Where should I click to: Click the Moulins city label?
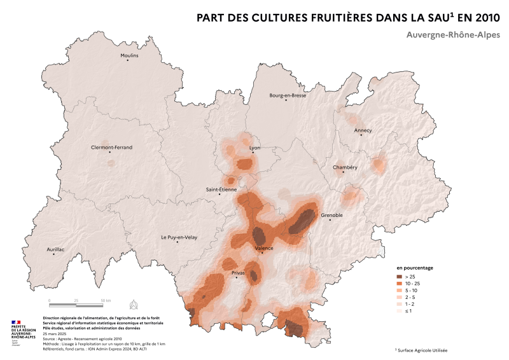tap(129, 56)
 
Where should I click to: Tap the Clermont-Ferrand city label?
tap(112, 148)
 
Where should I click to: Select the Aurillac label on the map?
tap(56, 249)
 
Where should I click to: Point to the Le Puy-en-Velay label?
tap(179, 237)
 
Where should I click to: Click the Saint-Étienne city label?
tap(221, 189)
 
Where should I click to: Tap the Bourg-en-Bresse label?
tap(288, 95)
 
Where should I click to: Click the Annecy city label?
tap(363, 130)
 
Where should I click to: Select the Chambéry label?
tap(345, 167)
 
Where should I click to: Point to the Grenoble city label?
tap(331, 215)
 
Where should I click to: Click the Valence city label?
tap(264, 248)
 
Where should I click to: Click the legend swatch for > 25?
tap(400, 277)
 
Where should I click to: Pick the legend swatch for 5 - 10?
tap(400, 291)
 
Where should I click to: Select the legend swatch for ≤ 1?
tap(400, 312)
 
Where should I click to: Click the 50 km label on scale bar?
tap(106, 300)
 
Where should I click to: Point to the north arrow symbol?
tap(133, 302)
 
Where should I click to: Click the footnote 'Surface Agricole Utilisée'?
tap(423, 350)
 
